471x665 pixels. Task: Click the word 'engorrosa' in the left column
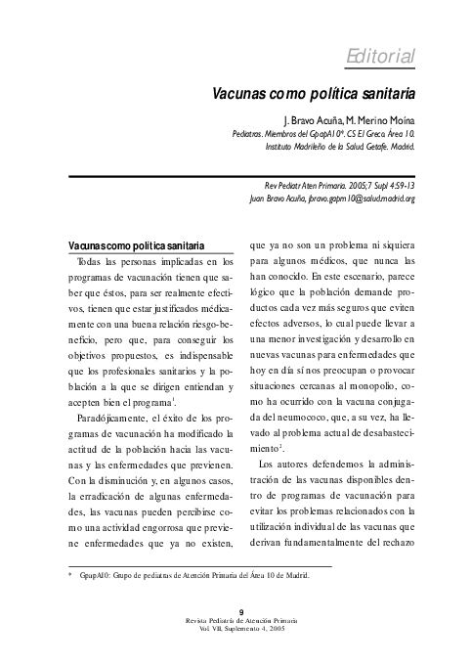pyautogui.click(x=161, y=526)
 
